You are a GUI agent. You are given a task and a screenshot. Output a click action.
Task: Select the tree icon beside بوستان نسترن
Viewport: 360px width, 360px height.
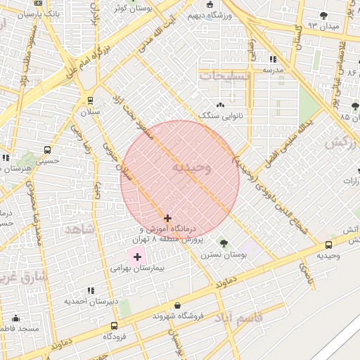223,243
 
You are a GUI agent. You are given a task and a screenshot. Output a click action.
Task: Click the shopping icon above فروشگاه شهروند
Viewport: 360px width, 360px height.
176,306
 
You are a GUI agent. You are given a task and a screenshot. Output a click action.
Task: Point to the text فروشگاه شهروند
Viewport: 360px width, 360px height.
176,316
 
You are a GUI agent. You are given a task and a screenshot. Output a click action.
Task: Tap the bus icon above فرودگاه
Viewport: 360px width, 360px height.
115,326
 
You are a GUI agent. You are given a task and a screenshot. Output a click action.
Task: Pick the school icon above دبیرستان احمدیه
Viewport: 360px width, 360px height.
90,290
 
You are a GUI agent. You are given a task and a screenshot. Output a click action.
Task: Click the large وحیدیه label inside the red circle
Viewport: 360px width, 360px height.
190,167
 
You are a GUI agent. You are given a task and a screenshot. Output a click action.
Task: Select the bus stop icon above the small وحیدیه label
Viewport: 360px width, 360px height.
329,245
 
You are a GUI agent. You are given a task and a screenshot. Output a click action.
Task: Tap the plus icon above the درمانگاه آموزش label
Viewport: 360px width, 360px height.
167,219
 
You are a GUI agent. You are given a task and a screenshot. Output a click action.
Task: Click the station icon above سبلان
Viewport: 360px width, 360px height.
90,101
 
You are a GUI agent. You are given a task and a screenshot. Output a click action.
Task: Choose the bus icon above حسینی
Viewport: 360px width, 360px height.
47,150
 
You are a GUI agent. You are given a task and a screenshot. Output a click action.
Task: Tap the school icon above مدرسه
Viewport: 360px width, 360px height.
273,59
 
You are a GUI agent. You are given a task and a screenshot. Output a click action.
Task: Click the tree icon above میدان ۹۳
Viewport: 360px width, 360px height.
323,15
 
